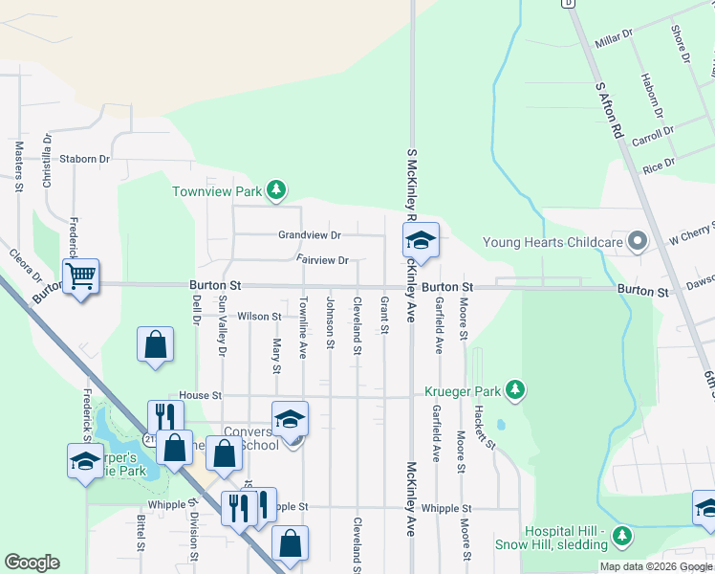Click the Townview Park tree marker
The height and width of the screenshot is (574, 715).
(x=276, y=190)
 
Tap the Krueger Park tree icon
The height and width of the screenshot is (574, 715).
(x=516, y=389)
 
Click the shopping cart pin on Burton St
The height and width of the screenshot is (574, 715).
(x=81, y=276)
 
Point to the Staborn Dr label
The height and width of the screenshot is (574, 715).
(x=85, y=159)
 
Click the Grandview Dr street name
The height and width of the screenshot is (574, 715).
(x=310, y=234)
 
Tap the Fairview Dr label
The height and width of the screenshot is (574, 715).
(x=322, y=259)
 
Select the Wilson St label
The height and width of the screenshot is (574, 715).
(x=260, y=316)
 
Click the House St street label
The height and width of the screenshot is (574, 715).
(x=201, y=394)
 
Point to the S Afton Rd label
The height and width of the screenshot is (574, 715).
(x=609, y=112)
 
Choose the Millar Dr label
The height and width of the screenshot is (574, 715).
(x=614, y=39)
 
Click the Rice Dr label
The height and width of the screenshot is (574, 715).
(x=659, y=166)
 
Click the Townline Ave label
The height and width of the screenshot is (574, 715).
(x=302, y=327)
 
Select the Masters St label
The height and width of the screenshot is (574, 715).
(x=18, y=167)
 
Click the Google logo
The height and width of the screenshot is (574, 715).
(x=32, y=563)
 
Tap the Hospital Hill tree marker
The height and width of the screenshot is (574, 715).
(x=623, y=533)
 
